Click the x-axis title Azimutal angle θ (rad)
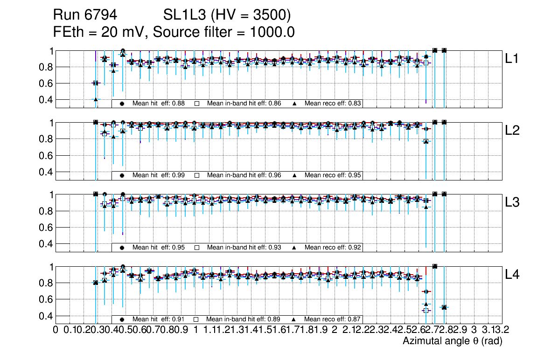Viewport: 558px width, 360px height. (x=452, y=341)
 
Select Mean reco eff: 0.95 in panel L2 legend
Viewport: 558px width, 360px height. (x=333, y=175)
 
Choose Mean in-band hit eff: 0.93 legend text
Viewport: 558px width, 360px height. (x=244, y=248)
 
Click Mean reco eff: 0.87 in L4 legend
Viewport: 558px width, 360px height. (x=333, y=319)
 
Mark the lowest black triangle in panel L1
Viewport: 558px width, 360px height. (x=96, y=99)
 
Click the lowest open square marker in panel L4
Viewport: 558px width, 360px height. (x=425, y=310)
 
